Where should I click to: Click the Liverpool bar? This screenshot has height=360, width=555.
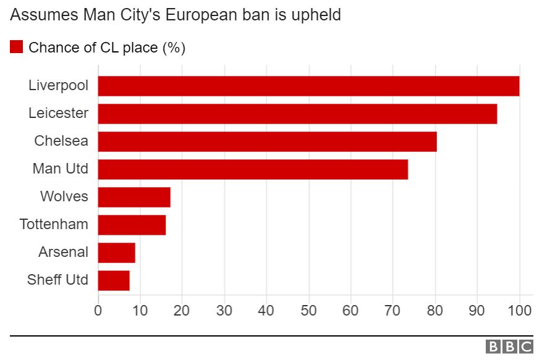(308, 86)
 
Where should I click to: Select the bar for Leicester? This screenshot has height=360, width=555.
(297, 114)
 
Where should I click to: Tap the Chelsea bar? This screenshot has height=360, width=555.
(267, 141)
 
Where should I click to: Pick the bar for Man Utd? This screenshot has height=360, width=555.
(253, 169)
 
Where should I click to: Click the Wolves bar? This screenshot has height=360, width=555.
(134, 197)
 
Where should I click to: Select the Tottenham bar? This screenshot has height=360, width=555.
(132, 225)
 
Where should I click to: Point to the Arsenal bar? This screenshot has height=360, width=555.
(116, 253)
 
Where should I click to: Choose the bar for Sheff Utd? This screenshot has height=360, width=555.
(114, 280)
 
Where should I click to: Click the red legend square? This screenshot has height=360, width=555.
(17, 48)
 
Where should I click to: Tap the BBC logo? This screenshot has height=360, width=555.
(510, 347)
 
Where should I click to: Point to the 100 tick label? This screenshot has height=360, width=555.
(519, 311)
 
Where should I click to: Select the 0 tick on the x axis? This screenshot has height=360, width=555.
(98, 311)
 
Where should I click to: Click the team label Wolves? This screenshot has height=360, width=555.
(64, 197)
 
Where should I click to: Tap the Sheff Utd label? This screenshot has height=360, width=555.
(57, 280)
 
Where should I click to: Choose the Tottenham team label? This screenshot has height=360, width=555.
(54, 225)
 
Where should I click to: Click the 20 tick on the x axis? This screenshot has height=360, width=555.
(182, 311)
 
